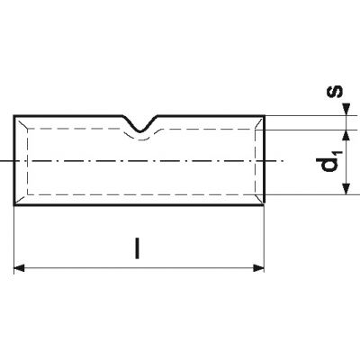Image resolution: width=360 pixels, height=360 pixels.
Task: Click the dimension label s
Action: point(334,92)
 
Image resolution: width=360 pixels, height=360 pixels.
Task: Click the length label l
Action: point(137,248)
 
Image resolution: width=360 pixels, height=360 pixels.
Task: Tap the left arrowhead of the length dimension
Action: point(19,268)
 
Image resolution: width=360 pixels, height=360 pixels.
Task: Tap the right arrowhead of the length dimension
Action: point(258,268)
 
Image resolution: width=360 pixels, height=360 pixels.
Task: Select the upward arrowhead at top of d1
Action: point(346,136)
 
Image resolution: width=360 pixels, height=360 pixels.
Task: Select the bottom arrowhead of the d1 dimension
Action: point(346,189)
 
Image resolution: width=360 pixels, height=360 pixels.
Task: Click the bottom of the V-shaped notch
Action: point(140,131)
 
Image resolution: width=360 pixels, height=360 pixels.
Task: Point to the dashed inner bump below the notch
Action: point(140,139)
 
